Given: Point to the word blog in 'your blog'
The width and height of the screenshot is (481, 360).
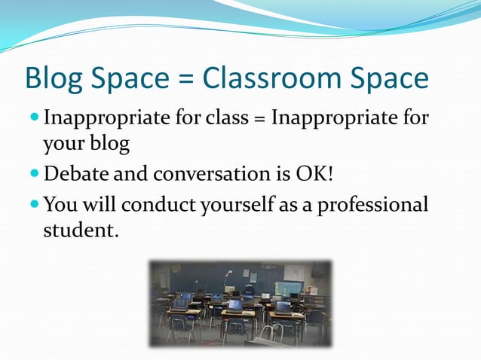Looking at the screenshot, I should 111,142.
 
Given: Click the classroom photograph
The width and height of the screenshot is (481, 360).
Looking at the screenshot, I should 240,304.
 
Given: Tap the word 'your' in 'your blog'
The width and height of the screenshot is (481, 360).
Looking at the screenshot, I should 64,143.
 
